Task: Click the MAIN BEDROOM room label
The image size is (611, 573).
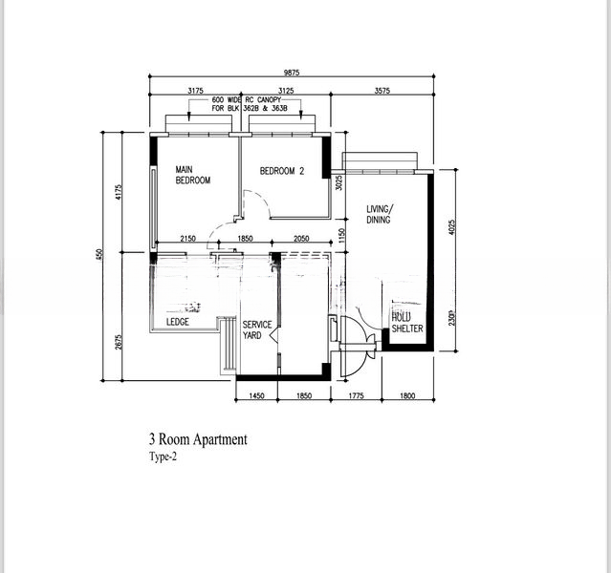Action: [192, 175]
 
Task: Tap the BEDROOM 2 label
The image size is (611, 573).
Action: [282, 172]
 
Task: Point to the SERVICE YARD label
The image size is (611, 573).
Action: [257, 329]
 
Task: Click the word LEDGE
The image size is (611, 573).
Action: [178, 323]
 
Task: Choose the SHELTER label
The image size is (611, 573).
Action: [406, 329]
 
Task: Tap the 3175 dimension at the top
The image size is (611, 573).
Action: [195, 91]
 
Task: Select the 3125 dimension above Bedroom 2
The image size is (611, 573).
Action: [284, 91]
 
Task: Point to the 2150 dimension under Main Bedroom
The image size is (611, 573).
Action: [187, 239]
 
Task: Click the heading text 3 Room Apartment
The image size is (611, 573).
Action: [198, 439]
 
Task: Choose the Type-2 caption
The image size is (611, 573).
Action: [163, 456]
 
